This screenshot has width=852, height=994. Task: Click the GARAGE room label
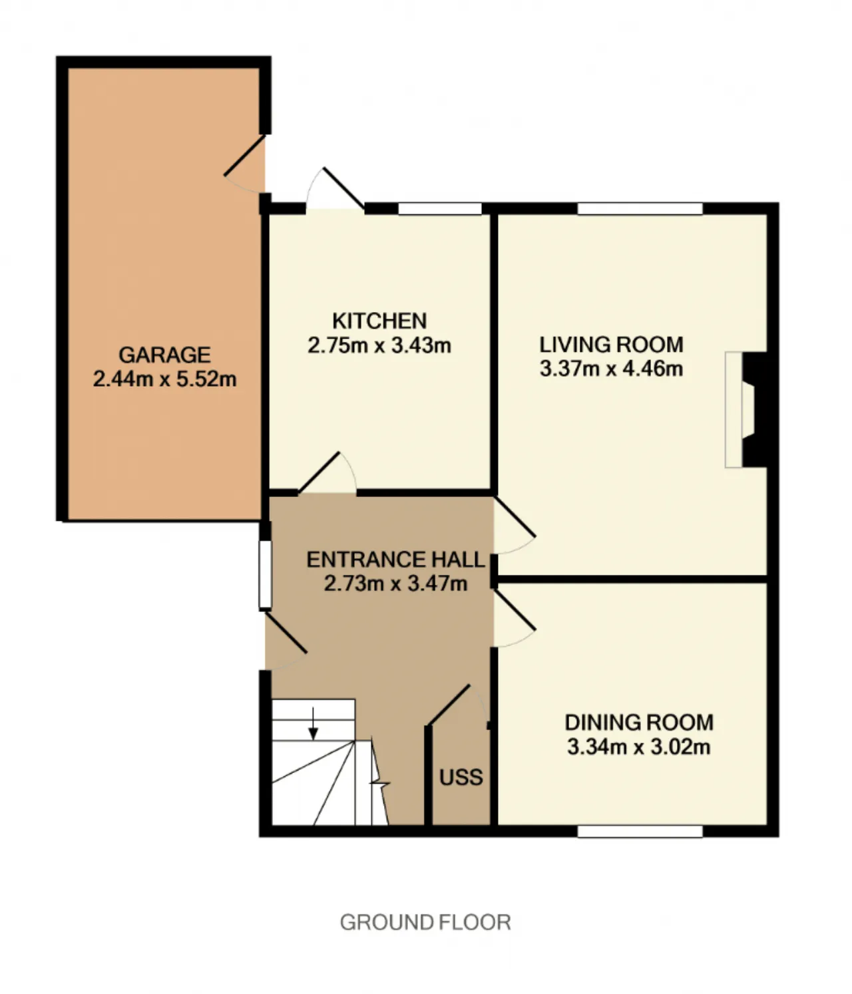click(x=164, y=355)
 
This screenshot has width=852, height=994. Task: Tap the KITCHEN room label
click(x=379, y=321)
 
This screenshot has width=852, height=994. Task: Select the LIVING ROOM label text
click(x=611, y=345)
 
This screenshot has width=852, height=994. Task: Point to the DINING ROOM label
click(x=639, y=723)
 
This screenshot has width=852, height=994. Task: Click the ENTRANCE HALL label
click(x=395, y=560)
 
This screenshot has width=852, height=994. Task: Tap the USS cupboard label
click(x=461, y=777)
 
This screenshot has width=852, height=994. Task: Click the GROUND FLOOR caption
click(x=425, y=922)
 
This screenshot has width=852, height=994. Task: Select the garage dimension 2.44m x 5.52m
click(x=164, y=379)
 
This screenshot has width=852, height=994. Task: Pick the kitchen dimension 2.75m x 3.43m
click(x=379, y=345)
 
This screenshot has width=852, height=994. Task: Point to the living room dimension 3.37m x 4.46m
click(x=611, y=369)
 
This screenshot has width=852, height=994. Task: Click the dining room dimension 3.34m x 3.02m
click(x=639, y=746)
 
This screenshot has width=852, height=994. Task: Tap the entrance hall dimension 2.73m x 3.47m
click(x=395, y=583)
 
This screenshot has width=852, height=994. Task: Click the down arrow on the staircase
click(x=314, y=723)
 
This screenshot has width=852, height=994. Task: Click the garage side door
click(x=245, y=164)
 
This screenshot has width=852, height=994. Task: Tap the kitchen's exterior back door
click(x=335, y=188)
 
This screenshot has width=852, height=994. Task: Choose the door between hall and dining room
click(x=515, y=619)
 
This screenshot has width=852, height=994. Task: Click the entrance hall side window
click(x=266, y=575)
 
